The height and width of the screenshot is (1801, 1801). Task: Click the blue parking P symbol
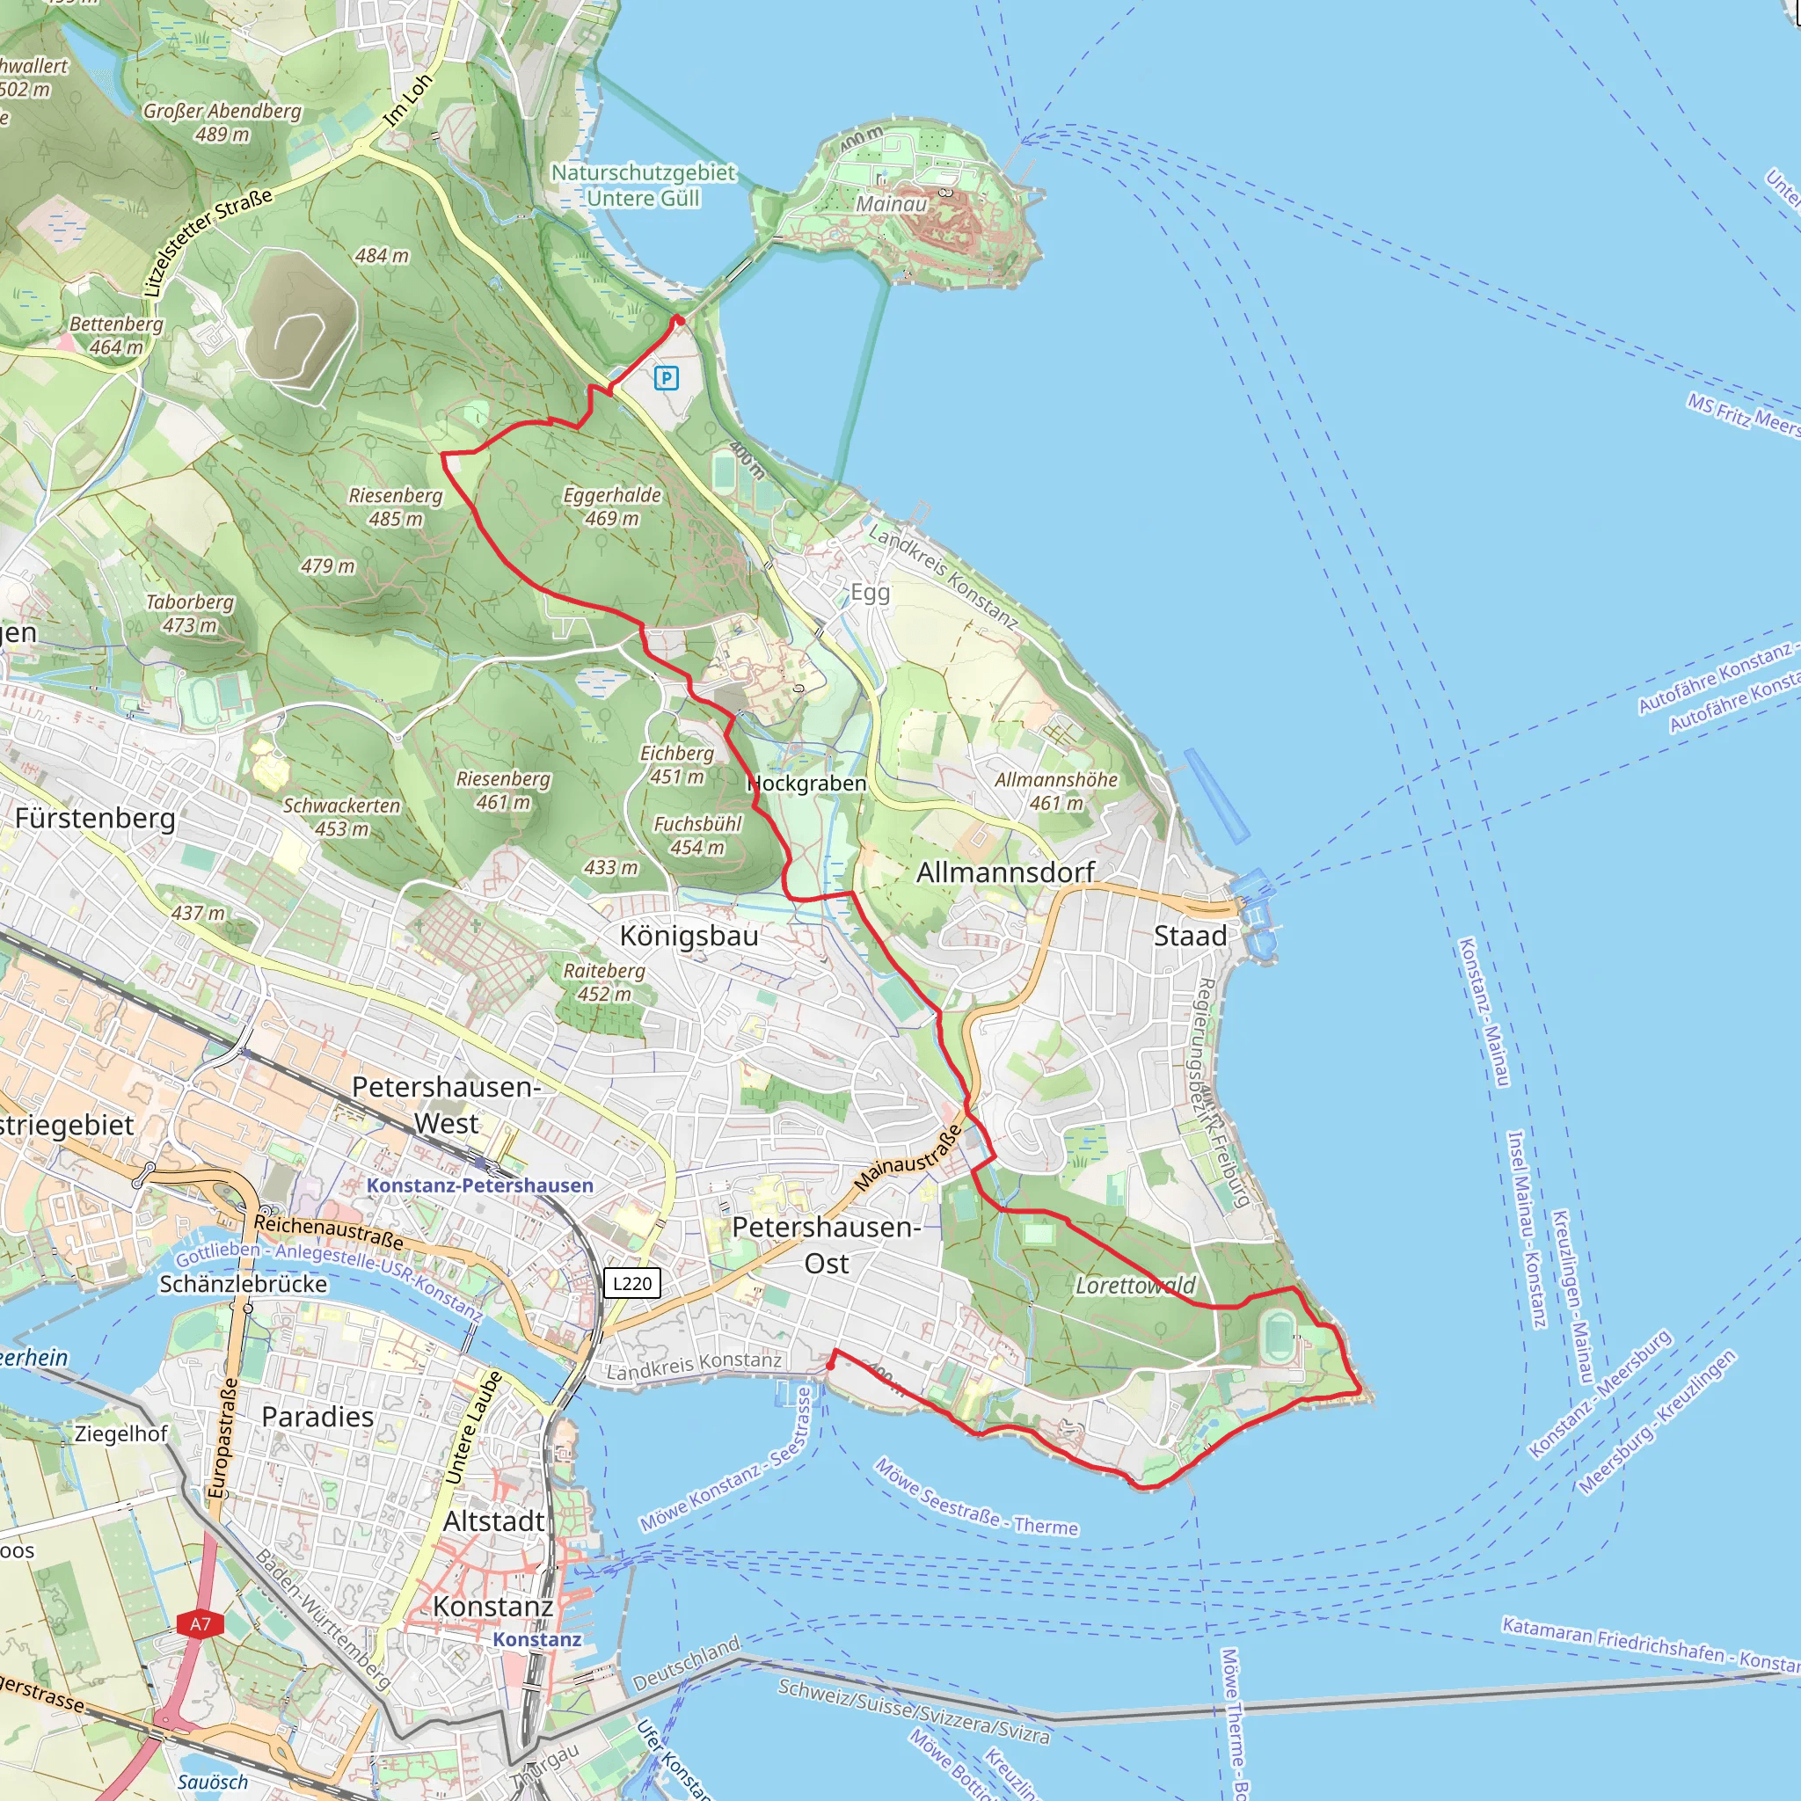pyautogui.click(x=666, y=377)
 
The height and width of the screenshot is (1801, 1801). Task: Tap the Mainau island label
pyautogui.click(x=891, y=204)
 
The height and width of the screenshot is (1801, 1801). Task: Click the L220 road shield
pyautogui.click(x=632, y=1283)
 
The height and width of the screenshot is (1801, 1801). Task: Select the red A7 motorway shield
pyautogui.click(x=201, y=1624)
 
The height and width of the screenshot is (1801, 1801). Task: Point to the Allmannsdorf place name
pyautogui.click(x=1005, y=871)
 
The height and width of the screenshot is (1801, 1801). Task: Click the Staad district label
pyautogui.click(x=1190, y=935)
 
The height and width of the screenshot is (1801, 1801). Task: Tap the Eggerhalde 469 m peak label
pyautogui.click(x=611, y=507)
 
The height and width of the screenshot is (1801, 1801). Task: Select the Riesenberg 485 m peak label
pyautogui.click(x=395, y=507)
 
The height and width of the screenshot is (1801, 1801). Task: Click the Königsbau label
pyautogui.click(x=689, y=935)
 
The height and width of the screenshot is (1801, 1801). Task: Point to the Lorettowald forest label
pyautogui.click(x=1134, y=1286)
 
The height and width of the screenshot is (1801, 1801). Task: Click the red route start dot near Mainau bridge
pyautogui.click(x=680, y=321)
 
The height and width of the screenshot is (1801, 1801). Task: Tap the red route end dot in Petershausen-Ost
pyautogui.click(x=830, y=1366)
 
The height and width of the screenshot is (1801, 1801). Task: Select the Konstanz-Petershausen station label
pyautogui.click(x=479, y=1185)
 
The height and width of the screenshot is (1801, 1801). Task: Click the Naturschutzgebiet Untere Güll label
pyautogui.click(x=643, y=185)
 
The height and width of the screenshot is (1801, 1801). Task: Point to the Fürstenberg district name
pyautogui.click(x=95, y=818)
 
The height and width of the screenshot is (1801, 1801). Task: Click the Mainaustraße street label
pyautogui.click(x=907, y=1157)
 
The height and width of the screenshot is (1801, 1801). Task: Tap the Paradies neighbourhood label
pyautogui.click(x=317, y=1416)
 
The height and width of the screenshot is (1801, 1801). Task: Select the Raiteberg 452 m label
pyautogui.click(x=604, y=981)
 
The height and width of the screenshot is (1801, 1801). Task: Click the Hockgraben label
pyautogui.click(x=807, y=783)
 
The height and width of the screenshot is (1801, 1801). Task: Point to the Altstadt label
pyautogui.click(x=494, y=1520)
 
